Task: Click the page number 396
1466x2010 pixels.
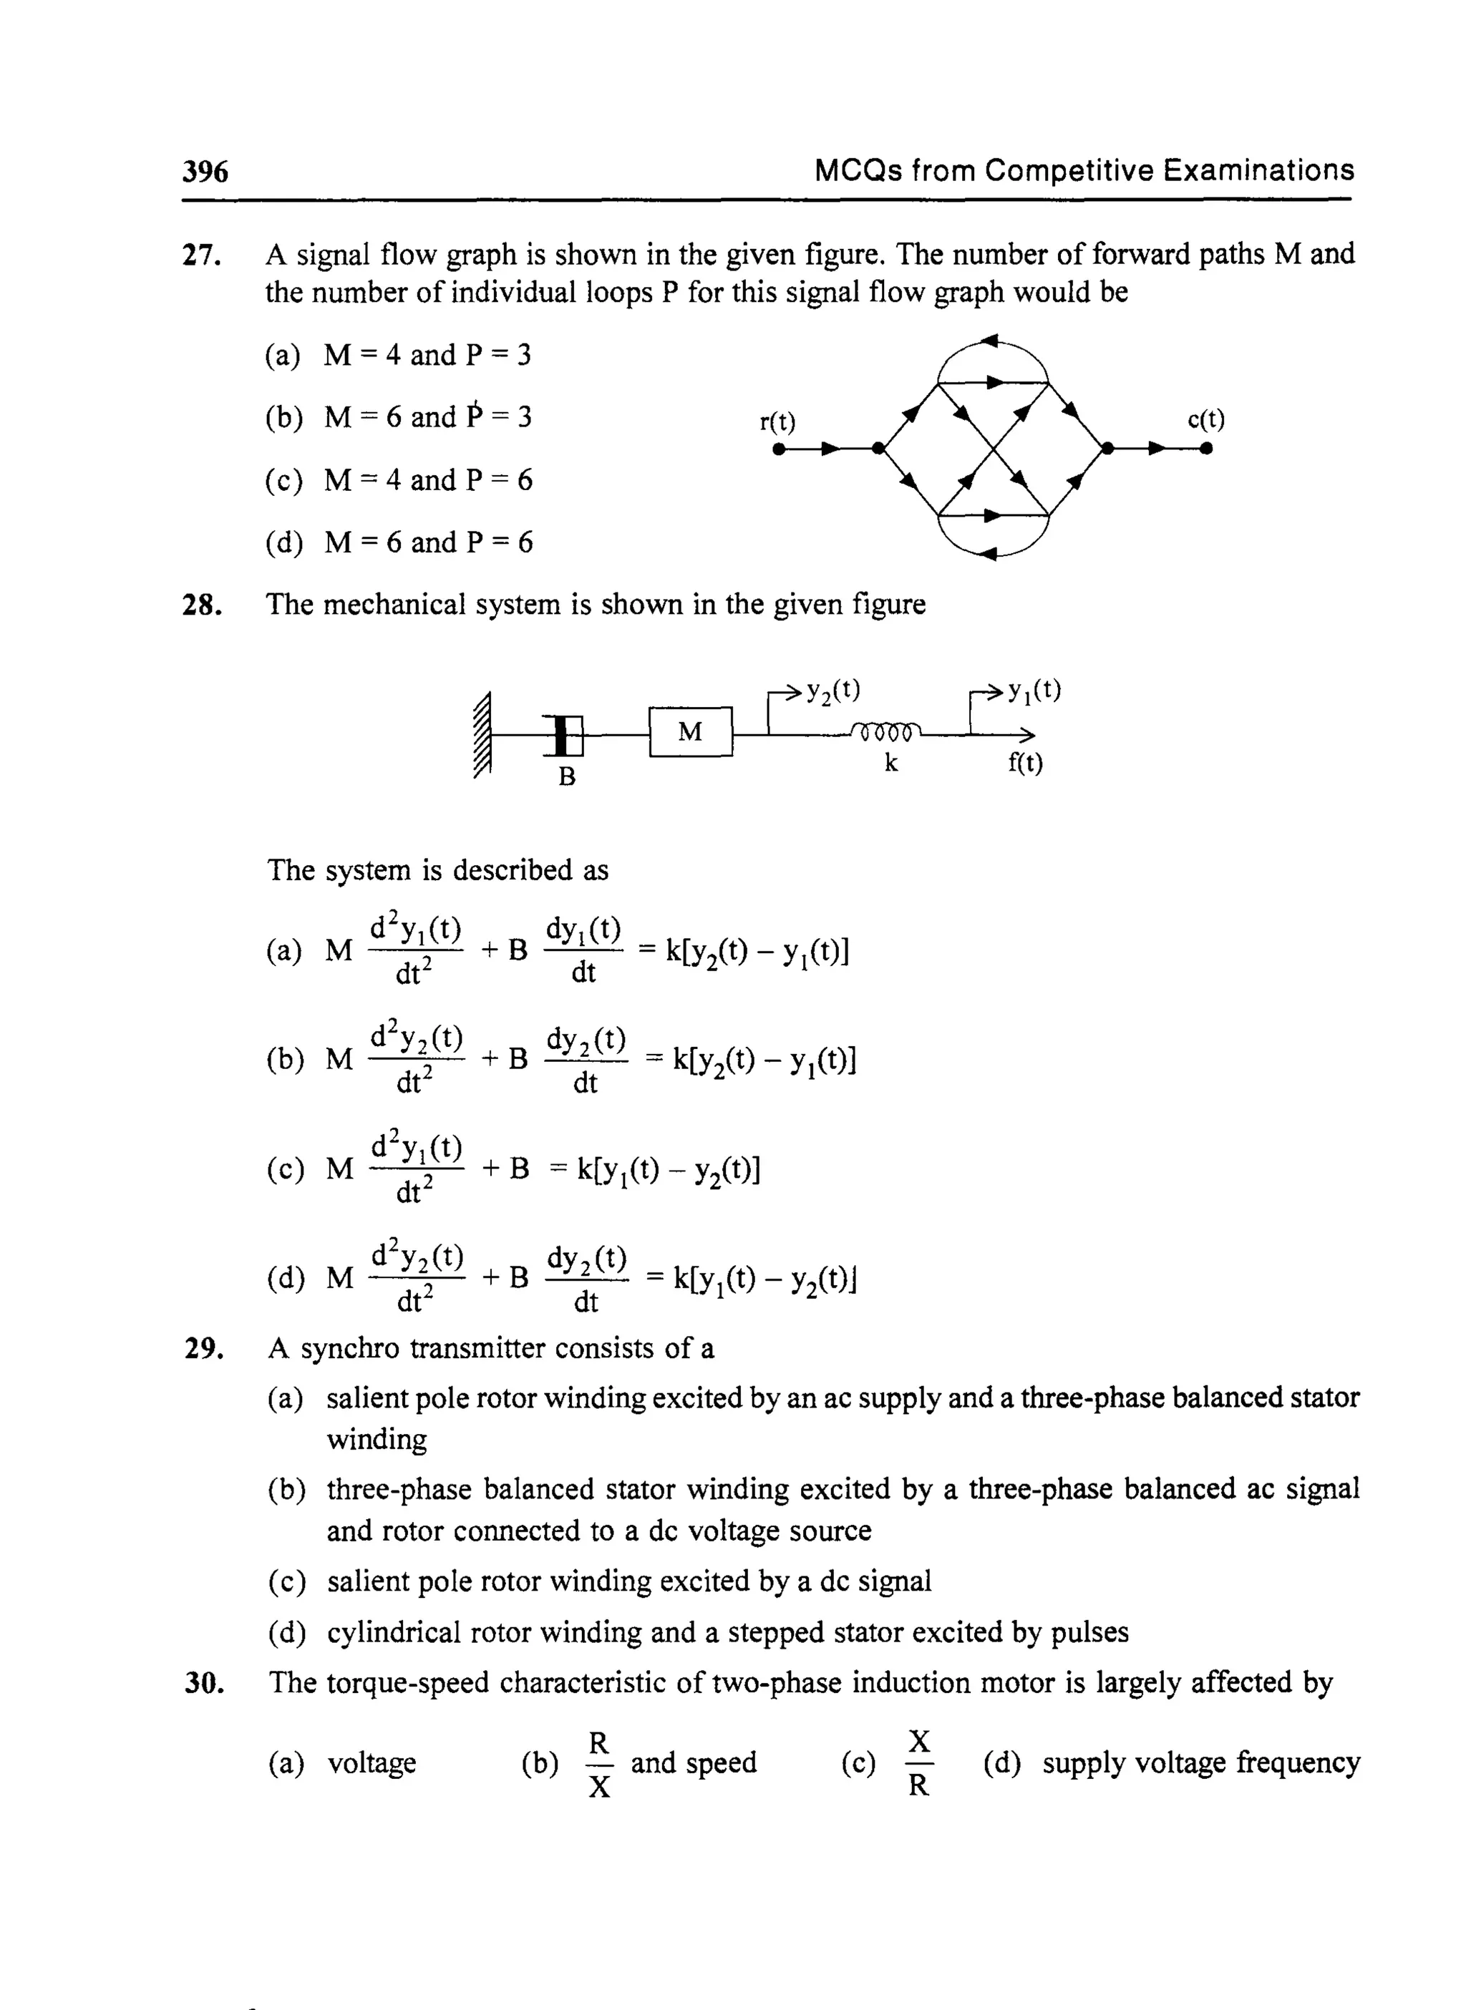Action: click(x=205, y=170)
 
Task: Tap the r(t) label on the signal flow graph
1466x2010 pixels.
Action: click(x=777, y=421)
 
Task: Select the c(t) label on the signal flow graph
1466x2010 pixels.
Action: click(x=1206, y=419)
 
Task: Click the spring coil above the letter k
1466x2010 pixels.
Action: click(x=885, y=731)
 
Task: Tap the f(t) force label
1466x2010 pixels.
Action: click(x=1025, y=762)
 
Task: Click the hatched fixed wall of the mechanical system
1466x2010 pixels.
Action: click(x=482, y=733)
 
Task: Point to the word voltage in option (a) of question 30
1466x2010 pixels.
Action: click(x=372, y=1762)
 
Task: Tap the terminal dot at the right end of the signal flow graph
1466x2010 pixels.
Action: click(x=1206, y=449)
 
